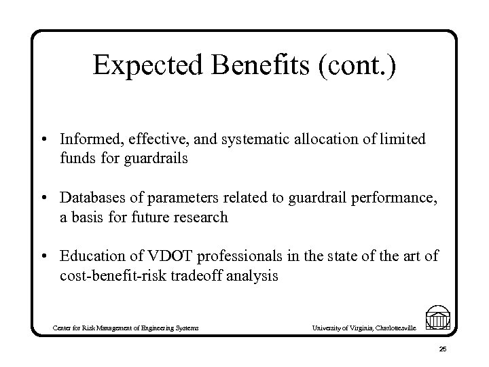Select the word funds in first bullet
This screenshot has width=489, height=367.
[x=74, y=159]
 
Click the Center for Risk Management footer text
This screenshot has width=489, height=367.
[x=126, y=328]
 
